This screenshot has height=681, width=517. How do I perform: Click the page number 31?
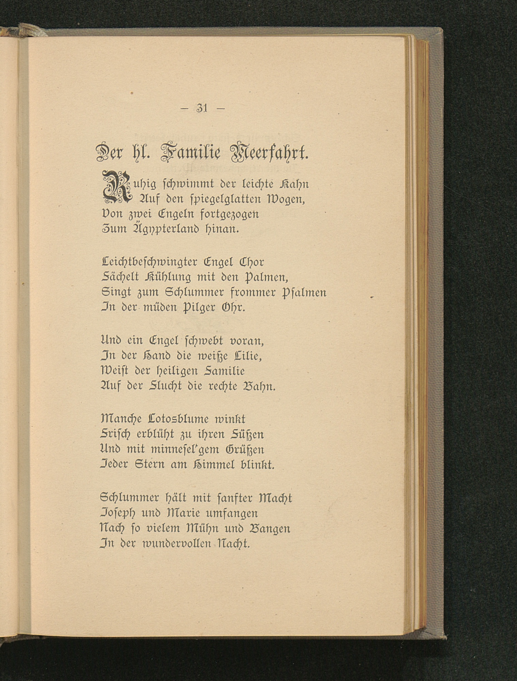(x=202, y=108)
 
